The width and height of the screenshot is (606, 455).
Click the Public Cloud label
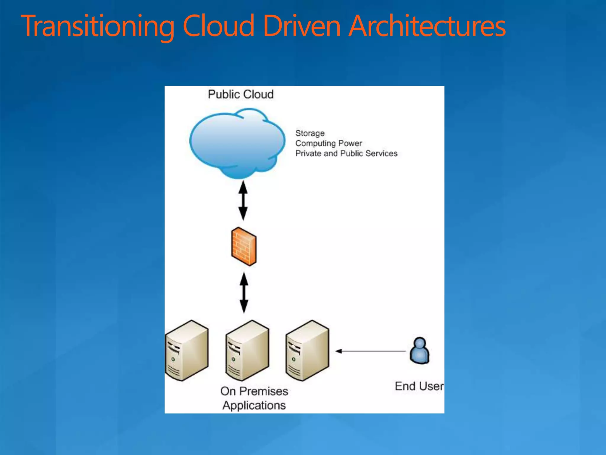tap(241, 94)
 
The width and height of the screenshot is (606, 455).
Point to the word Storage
tap(310, 133)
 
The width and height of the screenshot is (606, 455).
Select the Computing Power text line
tap(328, 143)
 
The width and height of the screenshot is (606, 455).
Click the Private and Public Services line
tap(346, 153)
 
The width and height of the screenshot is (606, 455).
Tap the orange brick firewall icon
tap(244, 246)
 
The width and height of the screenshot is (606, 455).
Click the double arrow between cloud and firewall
tap(243, 201)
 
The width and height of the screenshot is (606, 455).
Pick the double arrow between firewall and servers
tap(244, 293)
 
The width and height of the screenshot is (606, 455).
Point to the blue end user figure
tap(419, 351)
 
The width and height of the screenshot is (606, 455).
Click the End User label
tap(419, 386)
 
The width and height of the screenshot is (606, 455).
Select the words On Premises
tap(254, 391)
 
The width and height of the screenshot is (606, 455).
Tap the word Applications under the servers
tap(254, 406)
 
